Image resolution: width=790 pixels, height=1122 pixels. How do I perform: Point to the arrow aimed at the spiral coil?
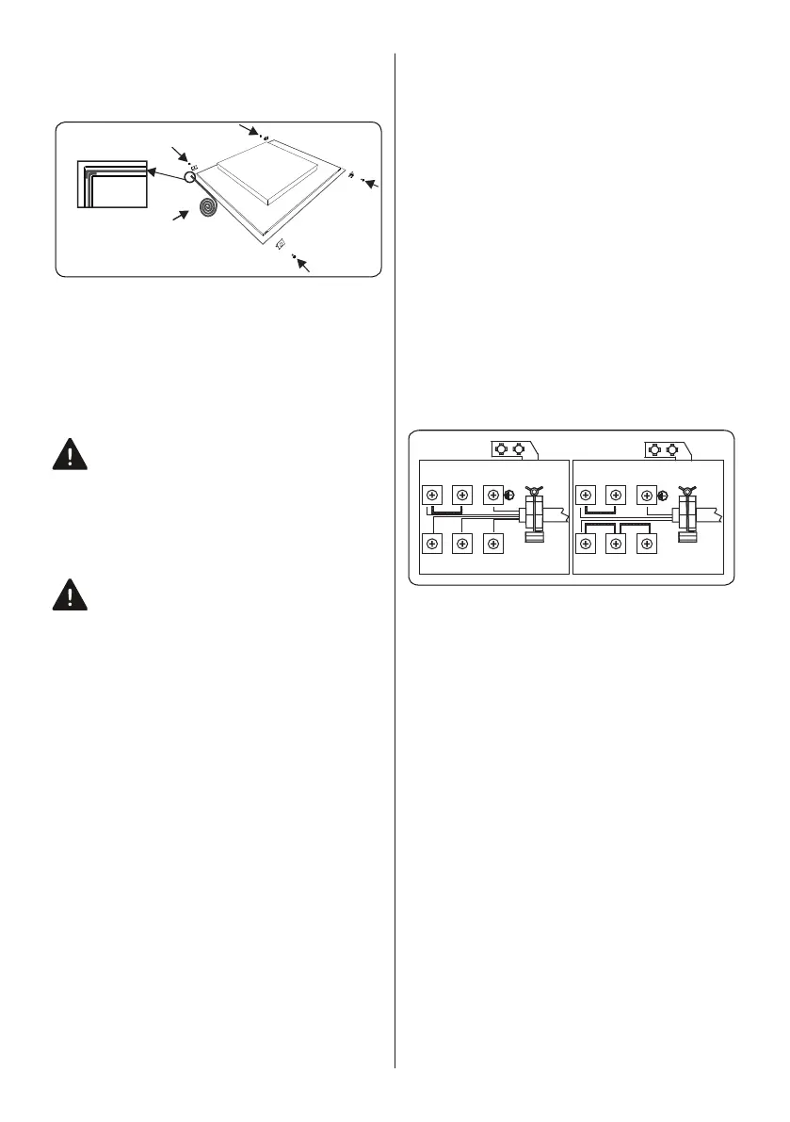[x=177, y=219]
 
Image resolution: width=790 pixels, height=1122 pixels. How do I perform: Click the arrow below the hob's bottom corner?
[x=303, y=263]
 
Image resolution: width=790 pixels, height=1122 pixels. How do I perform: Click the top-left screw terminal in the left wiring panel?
[x=431, y=495]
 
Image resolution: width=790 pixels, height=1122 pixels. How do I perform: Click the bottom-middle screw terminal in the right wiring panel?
[x=616, y=544]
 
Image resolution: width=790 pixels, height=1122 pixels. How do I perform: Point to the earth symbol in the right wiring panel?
[x=662, y=495]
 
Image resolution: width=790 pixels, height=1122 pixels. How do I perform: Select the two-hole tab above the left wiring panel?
[x=509, y=449]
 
